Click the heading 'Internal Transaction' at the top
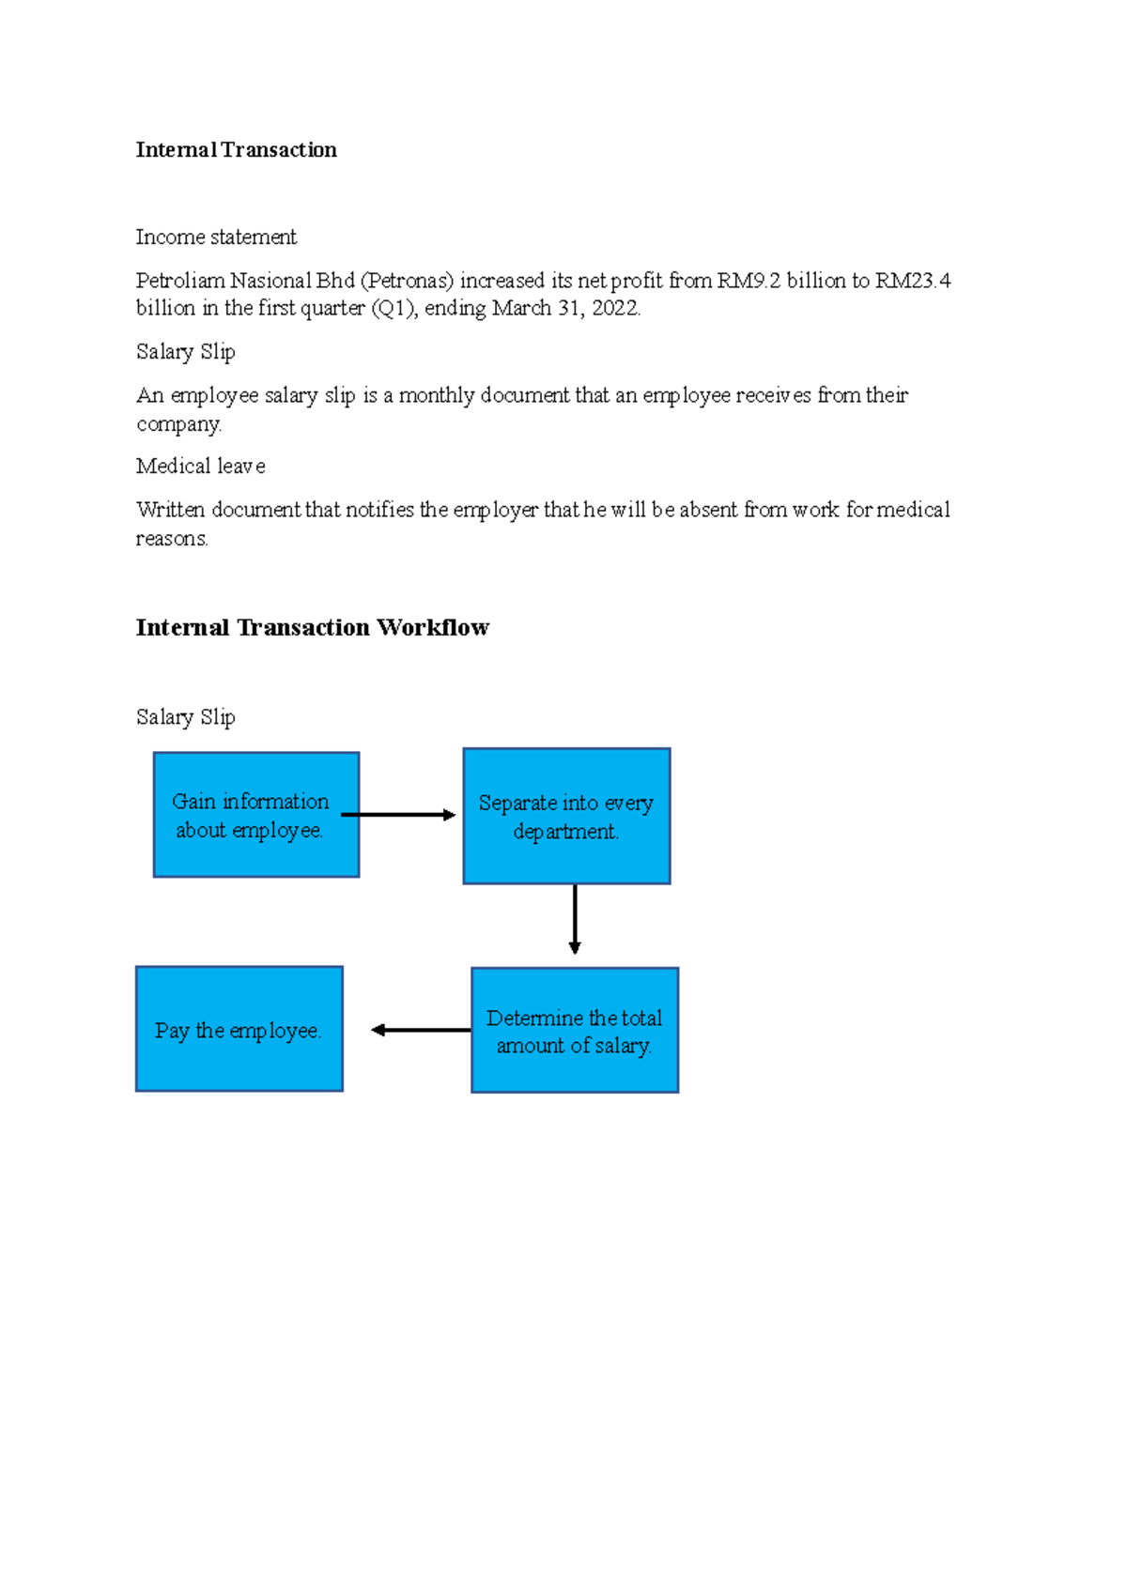click(236, 150)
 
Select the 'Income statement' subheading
click(216, 237)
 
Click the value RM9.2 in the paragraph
click(749, 281)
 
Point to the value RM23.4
click(913, 281)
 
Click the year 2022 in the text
click(615, 309)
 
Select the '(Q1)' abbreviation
click(394, 309)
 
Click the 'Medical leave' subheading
click(200, 467)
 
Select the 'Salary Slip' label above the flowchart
click(185, 717)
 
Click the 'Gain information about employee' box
click(256, 815)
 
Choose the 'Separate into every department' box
click(566, 816)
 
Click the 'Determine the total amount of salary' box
click(574, 1031)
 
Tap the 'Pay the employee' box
click(239, 1029)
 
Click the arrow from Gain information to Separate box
click(398, 815)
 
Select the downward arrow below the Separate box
click(575, 919)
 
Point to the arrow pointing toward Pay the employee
click(421, 1030)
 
